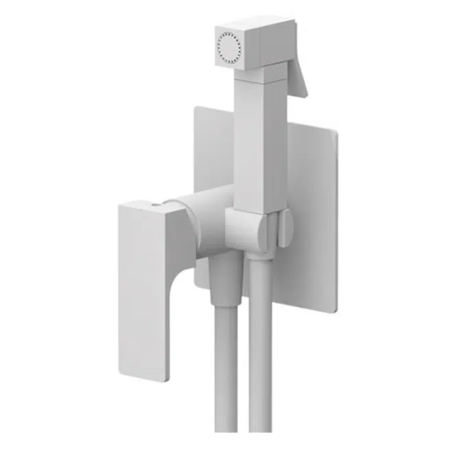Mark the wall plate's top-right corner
335,132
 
